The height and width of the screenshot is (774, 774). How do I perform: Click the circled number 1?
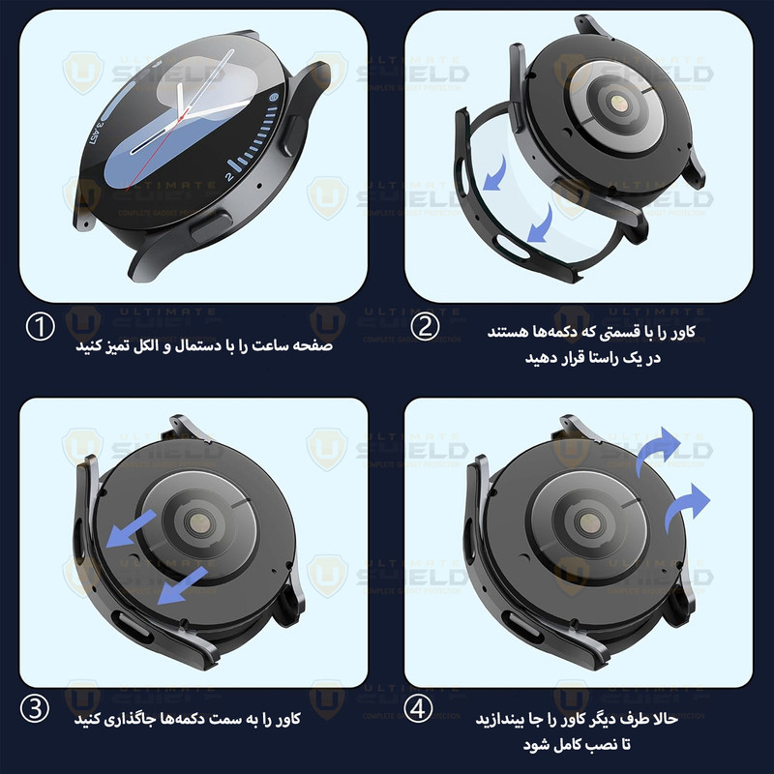tap(40, 327)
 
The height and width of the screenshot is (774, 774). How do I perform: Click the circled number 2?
tap(425, 326)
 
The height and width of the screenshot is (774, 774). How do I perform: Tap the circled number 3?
tap(35, 709)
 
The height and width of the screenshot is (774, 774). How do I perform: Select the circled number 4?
tap(418, 709)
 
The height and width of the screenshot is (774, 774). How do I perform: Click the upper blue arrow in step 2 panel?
tap(497, 174)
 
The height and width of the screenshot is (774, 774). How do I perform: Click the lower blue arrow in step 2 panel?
tap(542, 224)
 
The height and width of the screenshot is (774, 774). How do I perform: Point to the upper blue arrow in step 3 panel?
tap(131, 528)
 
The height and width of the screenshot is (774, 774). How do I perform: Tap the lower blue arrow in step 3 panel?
tap(182, 585)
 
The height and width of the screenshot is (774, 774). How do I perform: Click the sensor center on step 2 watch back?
tap(617, 103)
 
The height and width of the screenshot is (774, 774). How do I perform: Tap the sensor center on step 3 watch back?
tap(199, 523)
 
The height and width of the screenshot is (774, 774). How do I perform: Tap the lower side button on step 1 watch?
tap(210, 226)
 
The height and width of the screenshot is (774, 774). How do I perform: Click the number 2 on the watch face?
tap(229, 176)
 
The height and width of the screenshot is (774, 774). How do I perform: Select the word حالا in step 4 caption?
tap(665, 719)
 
